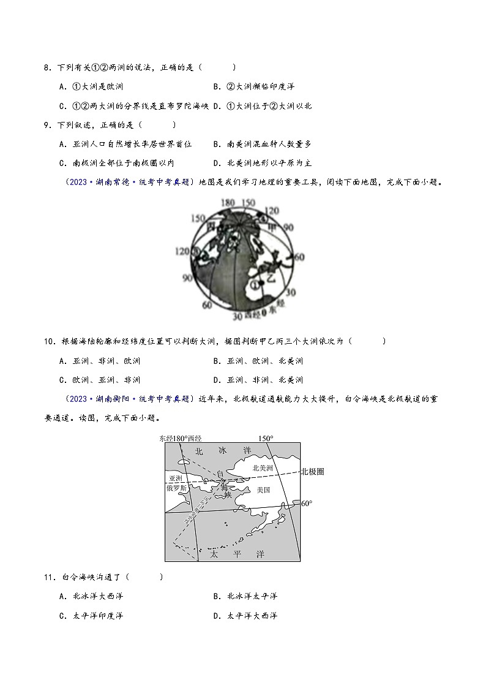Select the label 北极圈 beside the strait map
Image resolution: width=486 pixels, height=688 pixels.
coord(312,472)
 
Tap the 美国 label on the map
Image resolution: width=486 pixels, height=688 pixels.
coord(264,490)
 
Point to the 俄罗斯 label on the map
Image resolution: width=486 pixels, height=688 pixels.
coord(176,489)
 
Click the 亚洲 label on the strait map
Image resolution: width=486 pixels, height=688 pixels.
coord(176,478)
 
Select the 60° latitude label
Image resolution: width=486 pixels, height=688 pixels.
coord(307,503)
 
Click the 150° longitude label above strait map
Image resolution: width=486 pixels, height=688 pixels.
coord(265,438)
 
